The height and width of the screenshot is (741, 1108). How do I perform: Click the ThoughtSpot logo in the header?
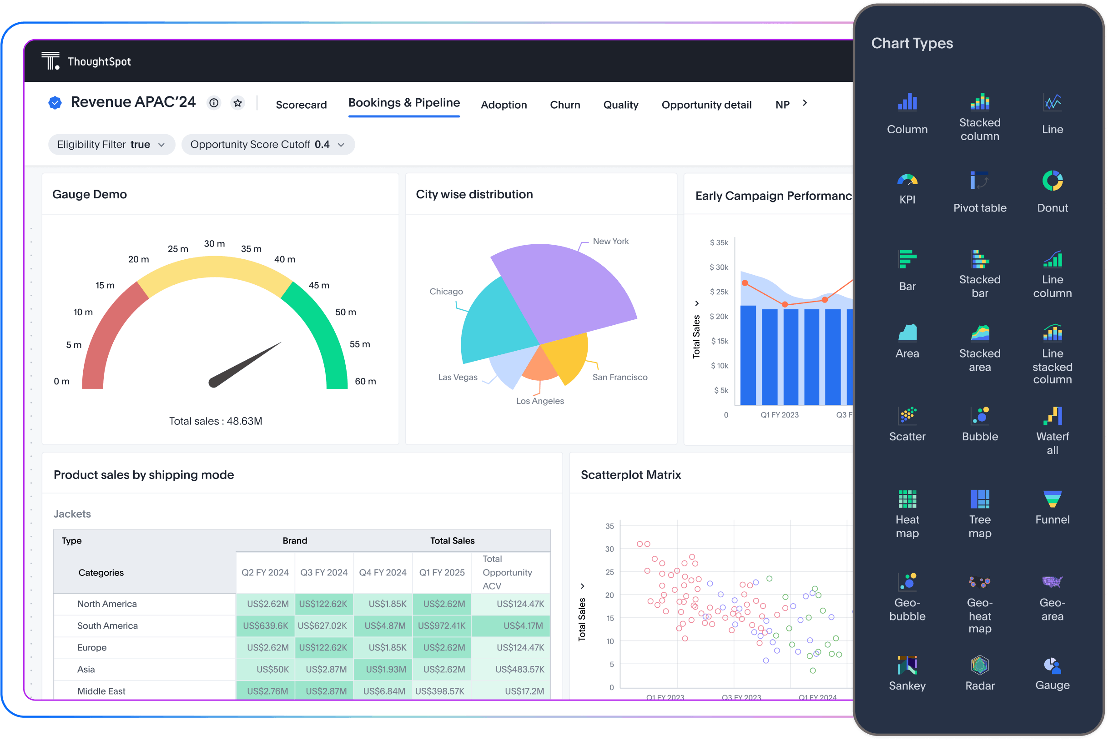click(x=50, y=61)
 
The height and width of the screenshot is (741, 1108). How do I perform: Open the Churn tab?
click(x=564, y=105)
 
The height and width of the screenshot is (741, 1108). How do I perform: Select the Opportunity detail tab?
click(x=706, y=105)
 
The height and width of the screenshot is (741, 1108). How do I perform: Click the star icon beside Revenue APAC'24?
click(x=238, y=102)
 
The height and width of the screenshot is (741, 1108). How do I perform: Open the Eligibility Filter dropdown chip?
click(x=111, y=145)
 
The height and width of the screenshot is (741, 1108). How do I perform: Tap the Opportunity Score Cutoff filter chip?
click(x=267, y=145)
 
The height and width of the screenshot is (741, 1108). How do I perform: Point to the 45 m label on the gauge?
click(x=318, y=285)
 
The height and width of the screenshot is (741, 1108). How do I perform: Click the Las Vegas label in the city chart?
click(x=458, y=377)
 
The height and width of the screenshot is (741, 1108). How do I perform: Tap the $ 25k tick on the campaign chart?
click(x=718, y=292)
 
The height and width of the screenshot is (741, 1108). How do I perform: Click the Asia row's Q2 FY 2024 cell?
click(x=266, y=669)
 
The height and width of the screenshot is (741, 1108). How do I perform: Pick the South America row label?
click(x=107, y=626)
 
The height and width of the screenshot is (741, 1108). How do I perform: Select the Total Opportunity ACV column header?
click(x=507, y=572)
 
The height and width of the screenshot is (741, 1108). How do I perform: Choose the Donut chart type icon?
click(x=1052, y=181)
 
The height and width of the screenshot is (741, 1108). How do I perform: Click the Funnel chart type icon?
click(x=1052, y=499)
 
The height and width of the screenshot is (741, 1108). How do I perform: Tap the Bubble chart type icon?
click(x=979, y=416)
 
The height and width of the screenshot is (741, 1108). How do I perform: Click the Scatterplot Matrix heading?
click(x=630, y=475)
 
